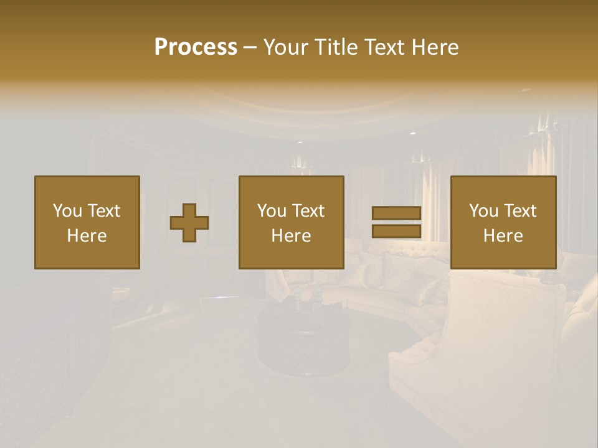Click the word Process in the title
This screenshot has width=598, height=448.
coord(196,47)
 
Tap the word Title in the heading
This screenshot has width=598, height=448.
coord(337,47)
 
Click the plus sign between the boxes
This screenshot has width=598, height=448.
coord(189,223)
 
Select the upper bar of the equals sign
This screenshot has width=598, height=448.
coord(396,213)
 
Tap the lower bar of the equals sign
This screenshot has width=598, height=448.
coord(396,231)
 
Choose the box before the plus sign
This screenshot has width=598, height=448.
coord(87,222)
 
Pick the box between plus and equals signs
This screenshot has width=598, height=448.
coord(291,222)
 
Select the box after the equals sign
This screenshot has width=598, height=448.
coord(503,222)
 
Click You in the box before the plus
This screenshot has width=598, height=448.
coord(67,211)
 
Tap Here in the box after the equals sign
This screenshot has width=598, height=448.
coord(503,236)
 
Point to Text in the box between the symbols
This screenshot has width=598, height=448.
coord(309,211)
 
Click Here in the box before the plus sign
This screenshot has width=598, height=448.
coord(87,236)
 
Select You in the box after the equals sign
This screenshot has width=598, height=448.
coord(483,211)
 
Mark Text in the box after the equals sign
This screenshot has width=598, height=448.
coord(521,211)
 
